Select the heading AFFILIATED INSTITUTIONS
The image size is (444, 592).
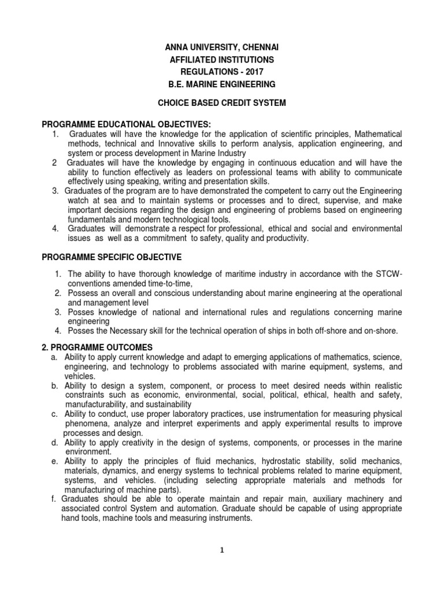coord(221,60)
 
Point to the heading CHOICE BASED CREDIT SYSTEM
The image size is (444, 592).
coord(222,103)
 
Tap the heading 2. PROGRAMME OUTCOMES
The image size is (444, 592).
coord(98,347)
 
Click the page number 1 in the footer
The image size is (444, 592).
coord(221,551)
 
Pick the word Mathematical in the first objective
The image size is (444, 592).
coord(376,134)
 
